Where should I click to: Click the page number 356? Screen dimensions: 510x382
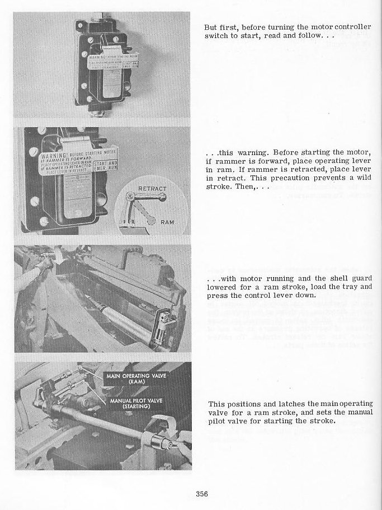coord(202,493)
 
